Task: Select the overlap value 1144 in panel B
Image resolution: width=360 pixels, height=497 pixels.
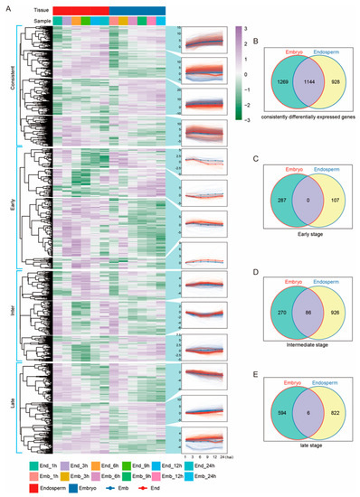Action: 289,82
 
